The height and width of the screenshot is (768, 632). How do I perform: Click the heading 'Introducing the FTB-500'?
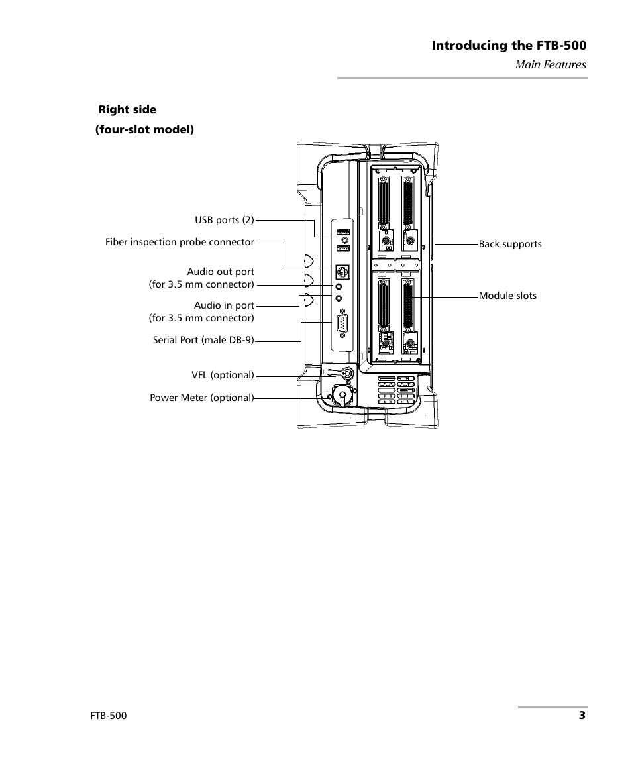pos(509,46)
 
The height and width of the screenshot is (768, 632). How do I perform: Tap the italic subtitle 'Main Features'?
pos(551,64)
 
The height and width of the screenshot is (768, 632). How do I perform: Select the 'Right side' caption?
pos(127,109)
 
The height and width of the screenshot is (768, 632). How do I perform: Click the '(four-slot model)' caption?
pos(144,129)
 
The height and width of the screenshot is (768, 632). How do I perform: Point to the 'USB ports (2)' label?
pos(224,220)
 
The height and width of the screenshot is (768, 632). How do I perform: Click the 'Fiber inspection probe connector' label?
pos(180,242)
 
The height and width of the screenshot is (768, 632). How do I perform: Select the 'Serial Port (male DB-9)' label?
pos(203,341)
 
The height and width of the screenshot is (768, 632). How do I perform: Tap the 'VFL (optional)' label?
pos(223,375)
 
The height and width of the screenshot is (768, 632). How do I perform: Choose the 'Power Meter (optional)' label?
pos(201,398)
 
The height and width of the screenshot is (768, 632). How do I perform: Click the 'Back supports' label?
pos(510,244)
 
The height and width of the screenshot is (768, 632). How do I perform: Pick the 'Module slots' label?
pos(507,296)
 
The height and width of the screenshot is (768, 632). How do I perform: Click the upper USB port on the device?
pos(342,232)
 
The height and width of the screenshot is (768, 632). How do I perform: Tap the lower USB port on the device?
pos(342,248)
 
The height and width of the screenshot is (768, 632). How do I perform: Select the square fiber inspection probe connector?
pos(342,272)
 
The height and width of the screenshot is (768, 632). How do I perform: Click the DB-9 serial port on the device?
pos(342,326)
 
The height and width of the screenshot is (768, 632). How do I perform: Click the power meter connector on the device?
pos(342,396)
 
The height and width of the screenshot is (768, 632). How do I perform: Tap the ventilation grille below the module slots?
pos(397,392)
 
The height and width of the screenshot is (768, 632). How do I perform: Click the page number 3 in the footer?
pos(581,716)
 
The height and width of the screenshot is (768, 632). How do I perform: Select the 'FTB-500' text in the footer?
pos(109,716)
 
